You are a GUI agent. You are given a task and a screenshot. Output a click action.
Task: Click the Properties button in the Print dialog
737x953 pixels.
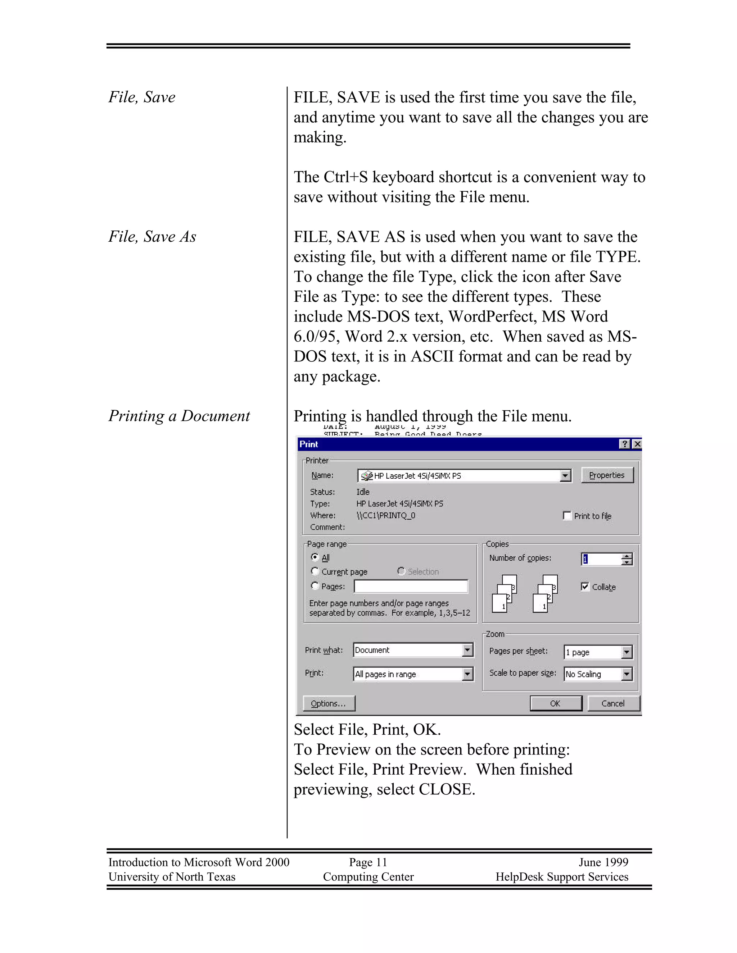pos(606,475)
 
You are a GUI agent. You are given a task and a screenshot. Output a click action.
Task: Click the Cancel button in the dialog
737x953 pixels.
pos(613,703)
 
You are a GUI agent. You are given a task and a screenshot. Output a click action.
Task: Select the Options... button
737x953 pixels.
pos(328,703)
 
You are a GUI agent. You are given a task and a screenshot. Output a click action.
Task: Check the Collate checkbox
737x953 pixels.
pos(585,587)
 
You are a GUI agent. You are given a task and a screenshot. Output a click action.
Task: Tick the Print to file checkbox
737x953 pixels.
pos(567,516)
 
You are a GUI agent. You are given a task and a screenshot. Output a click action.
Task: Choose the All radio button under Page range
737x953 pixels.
pos(315,557)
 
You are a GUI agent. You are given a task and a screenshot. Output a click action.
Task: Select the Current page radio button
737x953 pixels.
pos(315,571)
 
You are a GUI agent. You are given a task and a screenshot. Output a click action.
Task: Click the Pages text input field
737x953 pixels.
pos(410,586)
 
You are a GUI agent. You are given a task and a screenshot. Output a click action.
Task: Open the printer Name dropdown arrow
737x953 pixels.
pos(565,476)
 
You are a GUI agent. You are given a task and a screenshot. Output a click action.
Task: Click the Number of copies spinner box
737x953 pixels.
pos(602,559)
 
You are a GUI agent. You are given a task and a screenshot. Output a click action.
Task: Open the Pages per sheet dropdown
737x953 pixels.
pos(627,652)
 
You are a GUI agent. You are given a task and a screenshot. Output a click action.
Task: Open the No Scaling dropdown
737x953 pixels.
pos(627,674)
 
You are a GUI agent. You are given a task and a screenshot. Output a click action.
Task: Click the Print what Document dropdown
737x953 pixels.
pos(413,650)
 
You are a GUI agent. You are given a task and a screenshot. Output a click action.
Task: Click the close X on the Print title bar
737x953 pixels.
pos(637,444)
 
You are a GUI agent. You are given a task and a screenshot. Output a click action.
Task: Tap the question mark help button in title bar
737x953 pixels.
pos(625,444)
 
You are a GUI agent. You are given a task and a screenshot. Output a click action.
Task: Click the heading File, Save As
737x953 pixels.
pos(152,237)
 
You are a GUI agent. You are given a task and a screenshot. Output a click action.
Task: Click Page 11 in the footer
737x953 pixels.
pos(368,862)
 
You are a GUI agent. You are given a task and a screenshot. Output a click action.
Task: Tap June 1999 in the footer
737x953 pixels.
pos(603,862)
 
